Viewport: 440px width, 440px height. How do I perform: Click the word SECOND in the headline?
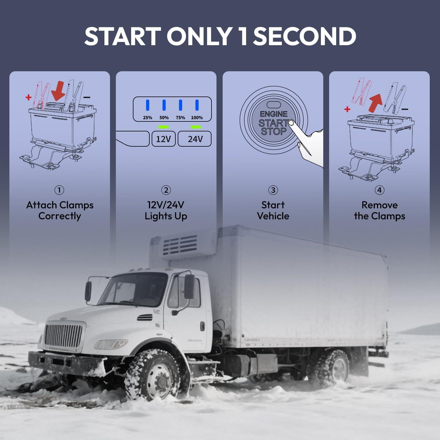(304, 36)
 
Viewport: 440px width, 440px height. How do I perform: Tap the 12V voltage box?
(163, 139)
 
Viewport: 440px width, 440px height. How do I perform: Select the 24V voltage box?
(195, 139)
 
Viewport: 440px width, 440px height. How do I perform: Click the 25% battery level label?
(148, 118)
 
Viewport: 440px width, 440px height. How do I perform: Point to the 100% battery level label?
(197, 118)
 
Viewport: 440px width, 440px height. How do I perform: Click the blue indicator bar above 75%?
(180, 105)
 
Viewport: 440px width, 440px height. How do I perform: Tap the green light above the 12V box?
(163, 127)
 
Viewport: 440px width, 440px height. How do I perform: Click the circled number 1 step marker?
(59, 190)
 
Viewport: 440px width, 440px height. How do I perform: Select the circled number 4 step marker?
(379, 190)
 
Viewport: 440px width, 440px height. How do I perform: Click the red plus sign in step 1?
(28, 97)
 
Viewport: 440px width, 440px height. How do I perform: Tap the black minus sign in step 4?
(405, 109)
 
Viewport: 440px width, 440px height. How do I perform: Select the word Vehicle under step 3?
(273, 216)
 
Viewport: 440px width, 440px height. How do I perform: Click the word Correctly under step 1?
(60, 216)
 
